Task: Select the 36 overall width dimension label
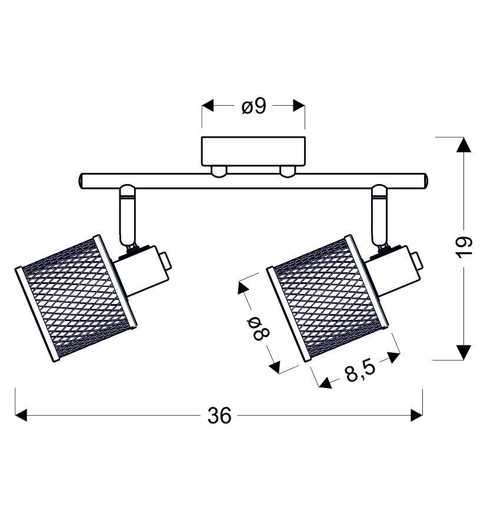tap(219, 416)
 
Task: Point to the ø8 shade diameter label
tap(258, 329)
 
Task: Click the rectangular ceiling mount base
tap(253, 151)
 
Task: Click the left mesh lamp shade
tap(76, 298)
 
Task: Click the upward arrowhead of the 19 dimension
tap(464, 145)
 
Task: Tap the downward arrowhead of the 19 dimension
tap(464, 352)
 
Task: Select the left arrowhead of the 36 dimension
tap(22, 416)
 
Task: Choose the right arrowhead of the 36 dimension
tap(416, 416)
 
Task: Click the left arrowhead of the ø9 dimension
tap(208, 106)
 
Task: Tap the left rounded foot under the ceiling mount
tap(219, 171)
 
